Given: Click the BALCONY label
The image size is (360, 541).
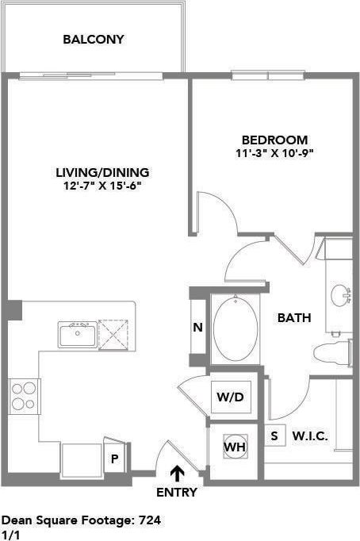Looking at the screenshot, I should coord(94,39).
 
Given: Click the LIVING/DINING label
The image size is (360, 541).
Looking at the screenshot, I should coord(102,172).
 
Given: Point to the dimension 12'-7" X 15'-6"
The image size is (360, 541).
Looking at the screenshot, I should coord(102,186).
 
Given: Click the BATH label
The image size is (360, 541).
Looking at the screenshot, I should coord(293,318).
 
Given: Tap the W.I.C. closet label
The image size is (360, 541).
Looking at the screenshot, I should coord(310,435).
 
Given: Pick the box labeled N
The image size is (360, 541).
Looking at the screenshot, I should coord(197,328).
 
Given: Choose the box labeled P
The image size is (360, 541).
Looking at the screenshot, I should coord(115,459).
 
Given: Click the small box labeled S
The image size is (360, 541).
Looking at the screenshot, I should coord(274,435).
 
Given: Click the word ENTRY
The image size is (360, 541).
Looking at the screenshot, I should coord(176,492).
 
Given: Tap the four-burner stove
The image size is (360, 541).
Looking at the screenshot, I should coord(25,394).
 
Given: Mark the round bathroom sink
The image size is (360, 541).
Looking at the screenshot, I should coord(342,294).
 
